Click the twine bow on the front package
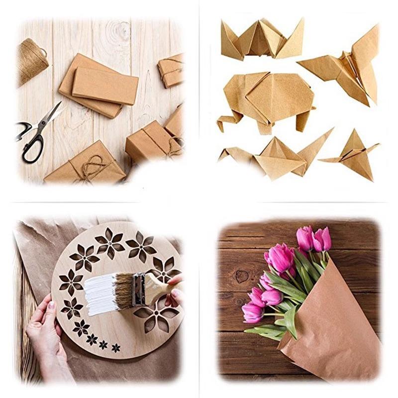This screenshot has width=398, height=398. tap(93, 165)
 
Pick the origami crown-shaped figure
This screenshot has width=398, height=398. tap(262, 40)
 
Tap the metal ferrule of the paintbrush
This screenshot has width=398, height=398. tap(139, 288)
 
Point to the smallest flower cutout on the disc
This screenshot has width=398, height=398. tap(116, 347)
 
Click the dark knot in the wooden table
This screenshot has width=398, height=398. tap(242, 276)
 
